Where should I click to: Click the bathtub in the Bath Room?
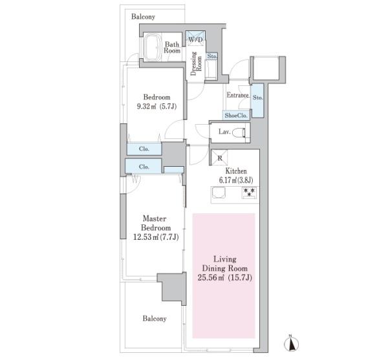tap(152, 47)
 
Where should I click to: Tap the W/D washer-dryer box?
tap(195, 38)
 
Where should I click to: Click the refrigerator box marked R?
tap(219, 158)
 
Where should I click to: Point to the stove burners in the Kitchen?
tap(250, 193)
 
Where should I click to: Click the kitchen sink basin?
tap(219, 193)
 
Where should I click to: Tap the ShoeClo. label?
tap(236, 116)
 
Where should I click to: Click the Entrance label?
tap(237, 95)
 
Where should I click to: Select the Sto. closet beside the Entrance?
tap(257, 100)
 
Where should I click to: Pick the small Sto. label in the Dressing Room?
tap(212, 56)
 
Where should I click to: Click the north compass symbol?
tap(291, 344)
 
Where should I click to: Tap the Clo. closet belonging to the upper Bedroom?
tap(144, 149)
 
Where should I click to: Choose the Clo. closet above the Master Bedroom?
tap(144, 166)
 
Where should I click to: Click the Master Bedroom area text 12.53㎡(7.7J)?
tap(156, 237)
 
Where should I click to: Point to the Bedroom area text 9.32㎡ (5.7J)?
tap(156, 107)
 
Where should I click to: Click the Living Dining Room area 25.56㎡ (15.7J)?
tap(224, 278)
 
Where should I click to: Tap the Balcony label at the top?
tap(143, 17)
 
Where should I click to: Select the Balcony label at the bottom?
tap(155, 319)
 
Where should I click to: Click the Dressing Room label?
tap(196, 63)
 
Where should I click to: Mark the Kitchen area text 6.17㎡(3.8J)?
tap(236, 180)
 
